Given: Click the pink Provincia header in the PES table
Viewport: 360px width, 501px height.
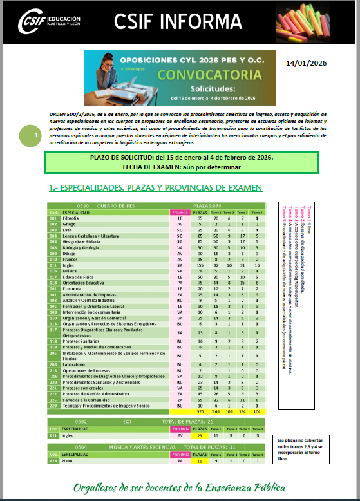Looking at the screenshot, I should point(180,212).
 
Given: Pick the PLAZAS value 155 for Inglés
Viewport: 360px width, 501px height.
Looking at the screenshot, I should point(200,265).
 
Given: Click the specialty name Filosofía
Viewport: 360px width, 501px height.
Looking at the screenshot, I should point(71,218).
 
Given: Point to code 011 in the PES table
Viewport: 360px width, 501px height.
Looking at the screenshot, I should point(54,265).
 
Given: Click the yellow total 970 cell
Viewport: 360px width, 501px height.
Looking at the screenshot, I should point(200,410).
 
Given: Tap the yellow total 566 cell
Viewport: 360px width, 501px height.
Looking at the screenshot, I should point(216,410).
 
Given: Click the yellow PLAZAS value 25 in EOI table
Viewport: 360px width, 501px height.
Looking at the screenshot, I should point(200,435).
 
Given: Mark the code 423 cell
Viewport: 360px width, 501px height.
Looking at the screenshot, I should point(54,460).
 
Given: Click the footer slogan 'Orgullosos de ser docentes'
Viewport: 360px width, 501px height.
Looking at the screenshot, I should point(180,487).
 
